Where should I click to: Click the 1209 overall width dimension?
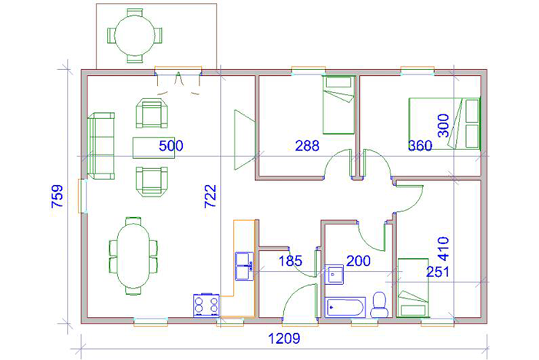click(283, 339)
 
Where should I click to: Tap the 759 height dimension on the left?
click(58, 196)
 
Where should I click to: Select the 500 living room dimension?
click(171, 146)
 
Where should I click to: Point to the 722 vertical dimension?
click(210, 196)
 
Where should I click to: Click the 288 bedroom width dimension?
click(307, 146)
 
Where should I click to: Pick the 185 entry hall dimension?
click(291, 261)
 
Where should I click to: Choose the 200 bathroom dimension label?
click(358, 261)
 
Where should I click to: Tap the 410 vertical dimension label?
click(444, 249)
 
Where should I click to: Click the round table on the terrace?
click(135, 36)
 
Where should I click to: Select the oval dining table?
click(133, 256)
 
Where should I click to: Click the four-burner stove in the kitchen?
click(206, 305)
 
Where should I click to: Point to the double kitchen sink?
click(245, 266)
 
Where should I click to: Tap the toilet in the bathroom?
click(379, 305)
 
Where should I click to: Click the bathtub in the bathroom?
click(345, 308)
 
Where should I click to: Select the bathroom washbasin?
click(334, 275)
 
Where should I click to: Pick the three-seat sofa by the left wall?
click(101, 146)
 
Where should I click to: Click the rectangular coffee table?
click(154, 148)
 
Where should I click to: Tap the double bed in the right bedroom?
click(444, 124)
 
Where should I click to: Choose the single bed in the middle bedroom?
click(339, 105)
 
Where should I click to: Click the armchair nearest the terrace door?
click(152, 113)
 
